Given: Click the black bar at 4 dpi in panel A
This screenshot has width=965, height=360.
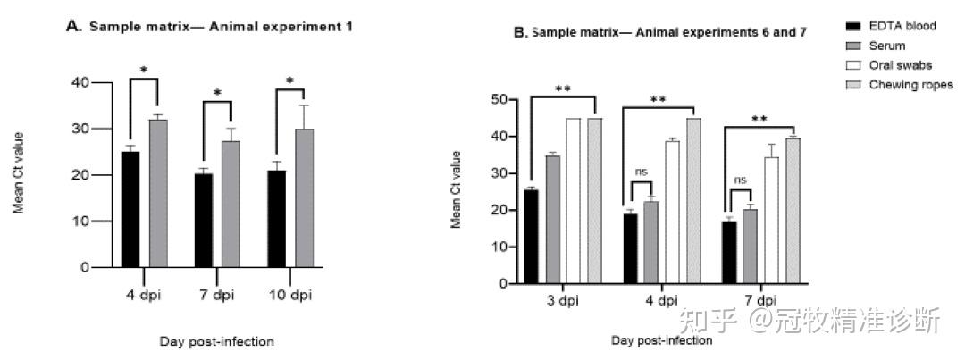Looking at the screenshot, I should tap(130, 209).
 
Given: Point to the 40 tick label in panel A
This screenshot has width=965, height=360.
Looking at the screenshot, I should tap(80, 83).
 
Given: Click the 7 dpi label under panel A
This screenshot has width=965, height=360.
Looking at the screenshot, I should tap(216, 294).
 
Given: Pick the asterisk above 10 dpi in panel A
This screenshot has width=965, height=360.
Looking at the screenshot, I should tap(289, 81).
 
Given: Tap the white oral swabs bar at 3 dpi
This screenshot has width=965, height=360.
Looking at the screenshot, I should tap(572, 201).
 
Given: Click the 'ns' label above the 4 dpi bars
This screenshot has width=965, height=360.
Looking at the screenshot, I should tap(640, 172).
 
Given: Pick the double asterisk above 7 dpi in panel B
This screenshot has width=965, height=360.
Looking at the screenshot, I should tap(759, 119).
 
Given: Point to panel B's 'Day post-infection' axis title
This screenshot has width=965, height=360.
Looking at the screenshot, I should tap(662, 340).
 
